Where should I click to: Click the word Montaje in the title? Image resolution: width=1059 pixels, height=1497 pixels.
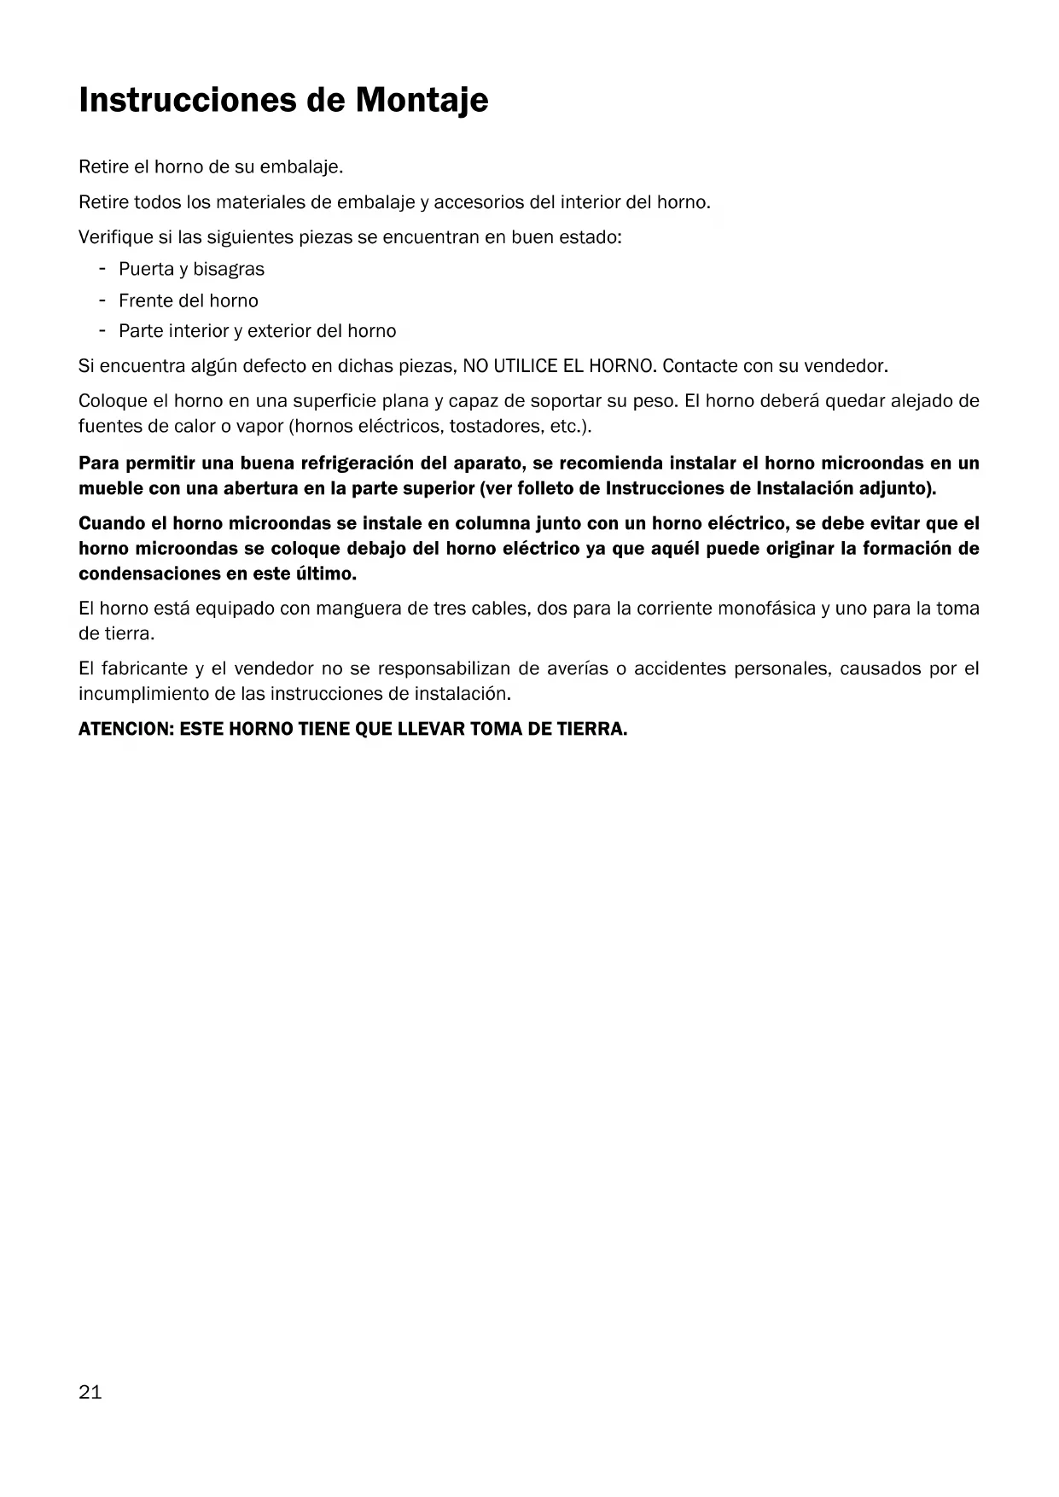422,101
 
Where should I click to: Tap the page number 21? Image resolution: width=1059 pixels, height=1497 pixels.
90,1392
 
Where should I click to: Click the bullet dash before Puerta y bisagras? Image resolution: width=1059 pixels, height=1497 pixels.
102,269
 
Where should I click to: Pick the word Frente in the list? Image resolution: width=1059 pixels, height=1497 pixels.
146,300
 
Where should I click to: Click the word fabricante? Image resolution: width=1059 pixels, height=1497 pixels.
142,668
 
